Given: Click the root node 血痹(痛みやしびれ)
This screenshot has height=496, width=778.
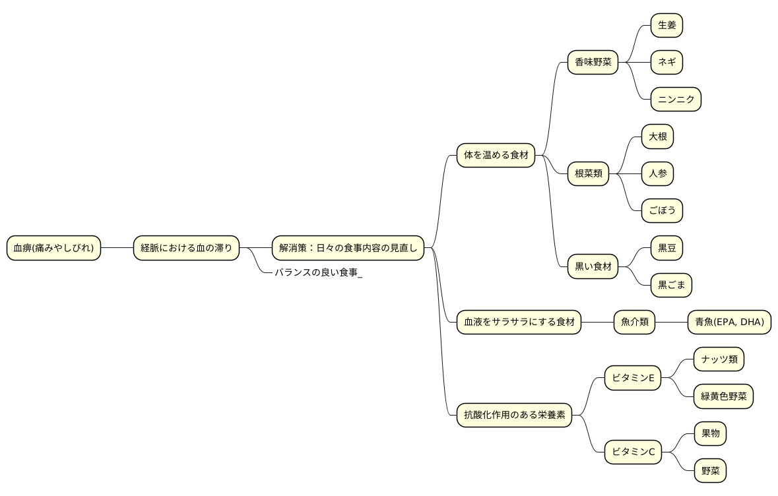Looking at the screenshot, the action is click(53, 248).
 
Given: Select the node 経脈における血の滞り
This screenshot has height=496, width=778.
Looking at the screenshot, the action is click(186, 248).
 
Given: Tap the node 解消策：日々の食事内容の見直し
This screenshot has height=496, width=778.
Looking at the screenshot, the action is click(348, 248).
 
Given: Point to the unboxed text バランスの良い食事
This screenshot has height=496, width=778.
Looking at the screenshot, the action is click(316, 272).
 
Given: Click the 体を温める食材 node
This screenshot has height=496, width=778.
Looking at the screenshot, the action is click(496, 155).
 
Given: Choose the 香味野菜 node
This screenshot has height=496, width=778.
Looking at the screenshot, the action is click(593, 63).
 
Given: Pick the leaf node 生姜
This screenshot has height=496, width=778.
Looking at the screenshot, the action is click(667, 25).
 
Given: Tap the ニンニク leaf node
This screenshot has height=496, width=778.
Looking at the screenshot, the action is click(676, 100).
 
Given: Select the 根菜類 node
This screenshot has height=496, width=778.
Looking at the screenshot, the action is click(588, 173).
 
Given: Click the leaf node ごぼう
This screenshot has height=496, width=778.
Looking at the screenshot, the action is click(662, 211).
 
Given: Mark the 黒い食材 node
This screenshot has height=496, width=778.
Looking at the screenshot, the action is click(593, 266).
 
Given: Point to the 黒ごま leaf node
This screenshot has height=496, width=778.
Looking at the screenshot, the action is click(671, 285).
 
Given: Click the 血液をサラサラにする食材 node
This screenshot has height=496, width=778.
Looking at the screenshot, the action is click(519, 322).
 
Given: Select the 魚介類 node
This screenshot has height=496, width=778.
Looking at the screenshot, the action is click(635, 322).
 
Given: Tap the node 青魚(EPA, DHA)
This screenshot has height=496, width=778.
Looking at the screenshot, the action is click(729, 322).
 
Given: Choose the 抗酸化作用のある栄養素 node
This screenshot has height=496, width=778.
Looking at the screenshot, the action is click(514, 415).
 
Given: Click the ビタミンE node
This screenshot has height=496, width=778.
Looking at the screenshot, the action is click(633, 378).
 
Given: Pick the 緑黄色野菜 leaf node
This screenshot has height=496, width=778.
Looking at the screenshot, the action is click(723, 396).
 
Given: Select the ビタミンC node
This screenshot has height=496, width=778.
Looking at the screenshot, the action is click(633, 452).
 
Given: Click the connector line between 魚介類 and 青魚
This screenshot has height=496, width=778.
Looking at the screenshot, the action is click(671, 322).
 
